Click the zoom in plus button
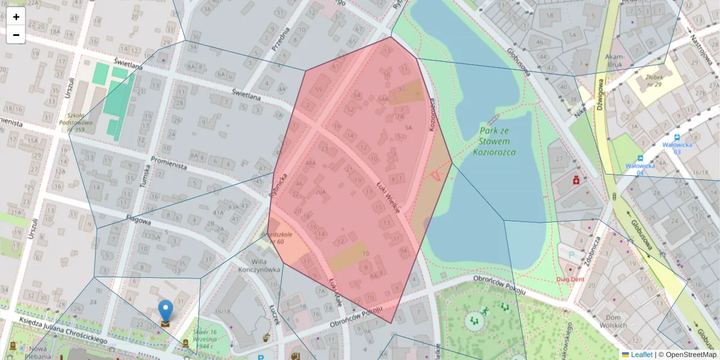[x=16, y=17]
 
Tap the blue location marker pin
[x=165, y=312]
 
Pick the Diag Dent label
[x=569, y=279]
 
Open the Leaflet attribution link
[x=641, y=355]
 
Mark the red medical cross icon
[x=576, y=179]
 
